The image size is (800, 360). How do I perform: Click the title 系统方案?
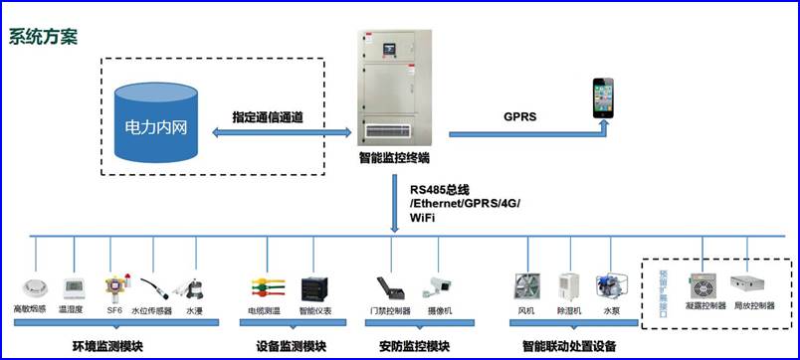43,37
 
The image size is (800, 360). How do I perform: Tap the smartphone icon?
604,97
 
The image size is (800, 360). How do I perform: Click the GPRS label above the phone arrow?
519,116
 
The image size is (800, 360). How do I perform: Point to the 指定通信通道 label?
268,116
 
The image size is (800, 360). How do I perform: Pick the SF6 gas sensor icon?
114,283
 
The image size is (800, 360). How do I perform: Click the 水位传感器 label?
151,311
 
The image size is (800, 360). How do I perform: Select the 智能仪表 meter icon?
314,288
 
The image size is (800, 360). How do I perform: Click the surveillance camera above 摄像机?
441,286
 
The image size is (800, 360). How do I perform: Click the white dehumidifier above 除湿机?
568,286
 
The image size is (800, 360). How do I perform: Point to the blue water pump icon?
609,286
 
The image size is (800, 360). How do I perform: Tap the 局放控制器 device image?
752,286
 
